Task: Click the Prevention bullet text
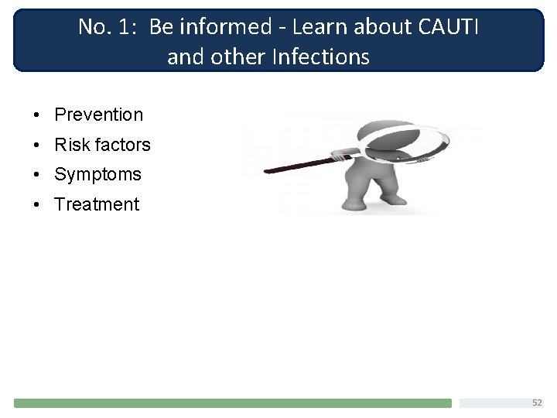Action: click(x=99, y=115)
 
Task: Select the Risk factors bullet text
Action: click(x=102, y=145)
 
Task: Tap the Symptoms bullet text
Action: click(x=97, y=175)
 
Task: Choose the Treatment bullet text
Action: click(x=97, y=205)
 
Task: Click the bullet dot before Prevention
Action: click(x=37, y=116)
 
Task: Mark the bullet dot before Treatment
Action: click(x=37, y=206)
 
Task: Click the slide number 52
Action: click(x=537, y=403)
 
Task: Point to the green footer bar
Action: click(x=232, y=403)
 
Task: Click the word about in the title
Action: click(x=380, y=28)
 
